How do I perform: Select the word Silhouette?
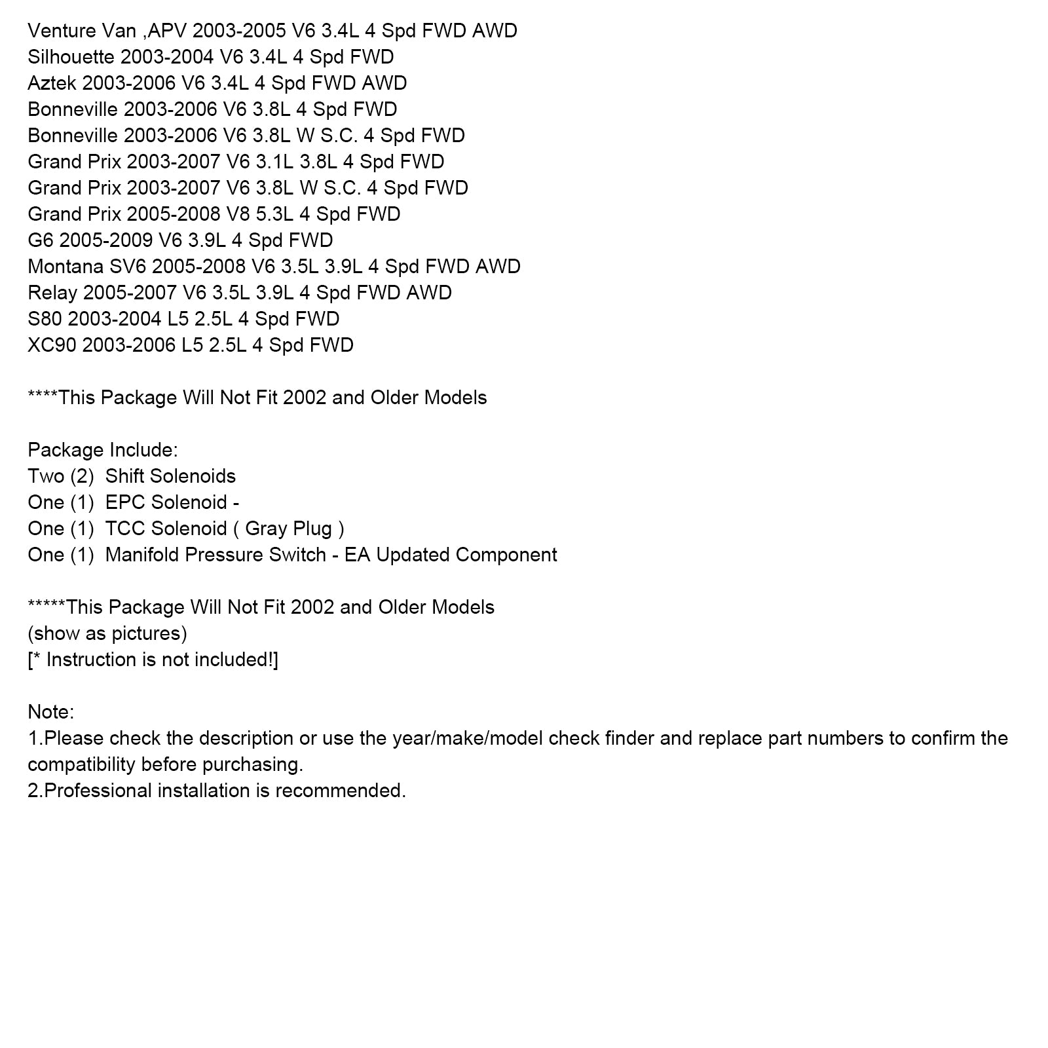point(71,57)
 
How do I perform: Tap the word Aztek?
point(52,83)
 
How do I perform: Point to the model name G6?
point(40,240)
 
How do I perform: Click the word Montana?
point(65,267)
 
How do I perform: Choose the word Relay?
point(52,293)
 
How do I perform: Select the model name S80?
point(45,319)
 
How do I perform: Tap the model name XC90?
point(52,345)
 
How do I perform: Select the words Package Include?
point(103,450)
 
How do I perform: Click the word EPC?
point(125,502)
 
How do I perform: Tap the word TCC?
point(125,529)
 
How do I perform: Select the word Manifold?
point(142,555)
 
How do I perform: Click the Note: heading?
point(51,712)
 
